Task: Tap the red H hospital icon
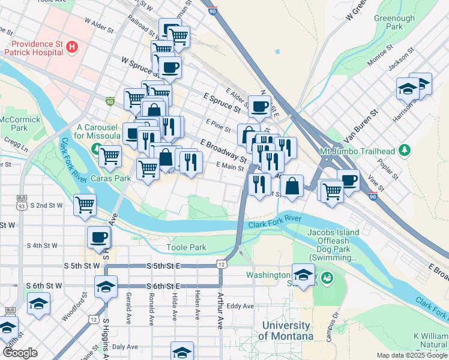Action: pos(71,46)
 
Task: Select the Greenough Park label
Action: pos(395,23)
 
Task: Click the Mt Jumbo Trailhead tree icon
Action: pos(406,149)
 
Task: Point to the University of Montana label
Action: pos(286,331)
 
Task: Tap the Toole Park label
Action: pos(186,247)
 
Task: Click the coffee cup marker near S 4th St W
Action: pos(98,237)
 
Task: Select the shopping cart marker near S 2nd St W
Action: pos(85,205)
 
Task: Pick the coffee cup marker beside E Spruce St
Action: pos(259,107)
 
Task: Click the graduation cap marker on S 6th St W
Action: pos(106,287)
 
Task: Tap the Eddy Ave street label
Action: pos(241,306)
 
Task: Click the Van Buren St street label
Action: pos(361,127)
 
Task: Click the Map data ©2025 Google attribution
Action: pos(411,355)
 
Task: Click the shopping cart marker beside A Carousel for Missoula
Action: pos(110,157)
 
